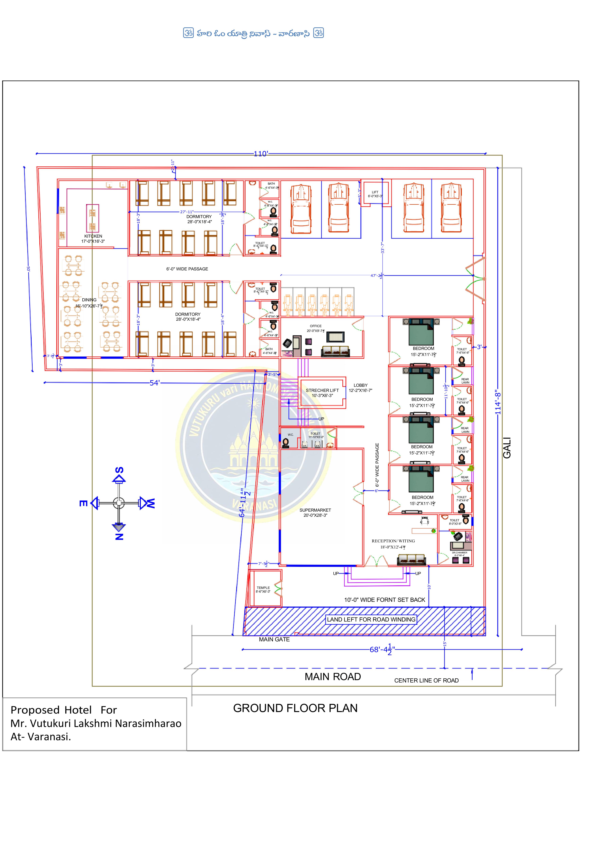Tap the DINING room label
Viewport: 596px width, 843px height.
[x=89, y=300]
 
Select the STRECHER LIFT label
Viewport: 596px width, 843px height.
[x=322, y=391]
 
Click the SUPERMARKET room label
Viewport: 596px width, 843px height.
[x=315, y=510]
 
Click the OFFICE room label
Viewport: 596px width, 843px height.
[x=315, y=326]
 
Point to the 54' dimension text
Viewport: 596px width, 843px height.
[x=154, y=383]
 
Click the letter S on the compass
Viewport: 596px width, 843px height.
[x=119, y=470]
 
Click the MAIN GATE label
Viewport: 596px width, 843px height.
[x=274, y=640]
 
